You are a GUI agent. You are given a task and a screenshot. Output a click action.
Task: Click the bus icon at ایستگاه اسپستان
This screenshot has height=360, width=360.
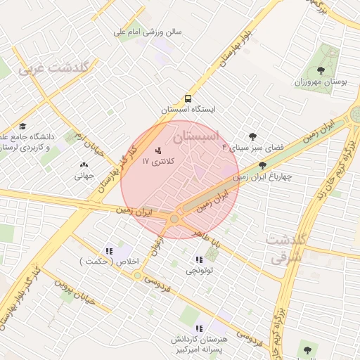[x=188, y=99]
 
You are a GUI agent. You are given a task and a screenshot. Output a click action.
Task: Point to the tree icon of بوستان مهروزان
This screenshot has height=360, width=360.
[x=321, y=70]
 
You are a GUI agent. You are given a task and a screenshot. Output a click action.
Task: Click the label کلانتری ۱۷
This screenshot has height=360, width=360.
[x=158, y=162]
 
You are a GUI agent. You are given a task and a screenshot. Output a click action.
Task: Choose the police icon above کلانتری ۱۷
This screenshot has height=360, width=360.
[x=158, y=150]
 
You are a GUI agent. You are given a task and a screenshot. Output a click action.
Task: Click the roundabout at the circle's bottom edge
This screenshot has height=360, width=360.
[x=174, y=219]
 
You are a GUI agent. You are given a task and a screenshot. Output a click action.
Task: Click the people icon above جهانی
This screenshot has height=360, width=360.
[x=84, y=165]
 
